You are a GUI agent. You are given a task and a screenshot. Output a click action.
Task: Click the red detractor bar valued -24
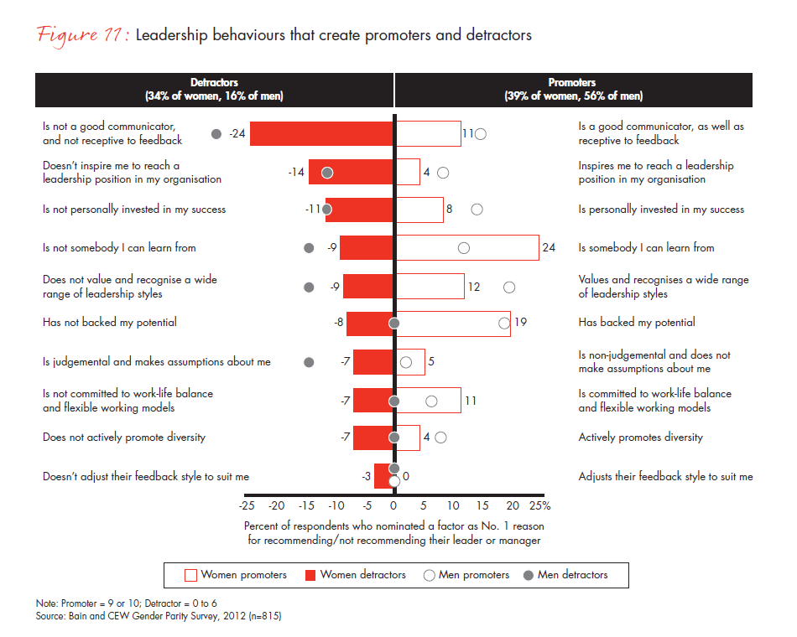click(x=322, y=133)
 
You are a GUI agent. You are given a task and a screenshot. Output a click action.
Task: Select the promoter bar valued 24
click(x=467, y=248)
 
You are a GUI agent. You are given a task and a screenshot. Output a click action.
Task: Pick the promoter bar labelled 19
click(x=453, y=323)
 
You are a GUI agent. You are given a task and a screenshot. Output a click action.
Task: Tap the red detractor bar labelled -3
click(x=383, y=476)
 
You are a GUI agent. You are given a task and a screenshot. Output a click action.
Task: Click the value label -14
click(x=295, y=172)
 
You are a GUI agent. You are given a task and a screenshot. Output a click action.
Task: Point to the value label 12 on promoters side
click(x=474, y=287)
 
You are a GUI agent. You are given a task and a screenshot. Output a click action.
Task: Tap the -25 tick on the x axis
click(x=247, y=506)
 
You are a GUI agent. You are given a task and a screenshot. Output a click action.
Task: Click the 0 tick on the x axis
click(x=393, y=506)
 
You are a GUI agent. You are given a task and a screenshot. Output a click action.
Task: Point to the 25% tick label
click(x=539, y=506)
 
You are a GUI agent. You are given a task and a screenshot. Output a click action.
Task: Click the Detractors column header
click(x=214, y=90)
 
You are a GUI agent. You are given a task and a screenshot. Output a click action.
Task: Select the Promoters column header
click(x=573, y=90)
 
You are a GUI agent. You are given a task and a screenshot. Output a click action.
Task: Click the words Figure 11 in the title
click(x=81, y=36)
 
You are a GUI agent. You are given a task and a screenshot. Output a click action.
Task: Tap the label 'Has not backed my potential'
click(x=110, y=323)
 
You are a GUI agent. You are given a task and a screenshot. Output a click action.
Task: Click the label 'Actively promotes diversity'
click(x=640, y=438)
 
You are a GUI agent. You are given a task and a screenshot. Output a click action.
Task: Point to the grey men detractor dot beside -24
click(x=216, y=133)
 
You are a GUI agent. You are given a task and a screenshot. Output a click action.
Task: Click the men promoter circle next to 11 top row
click(x=481, y=133)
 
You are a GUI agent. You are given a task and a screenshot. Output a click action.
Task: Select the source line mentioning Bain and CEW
click(x=158, y=616)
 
